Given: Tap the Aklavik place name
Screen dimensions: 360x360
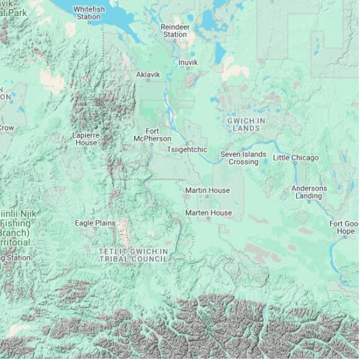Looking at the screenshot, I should pos(148,74).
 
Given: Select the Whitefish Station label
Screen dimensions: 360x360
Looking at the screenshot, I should pos(89,13).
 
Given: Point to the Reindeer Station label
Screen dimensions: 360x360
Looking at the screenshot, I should pos(174,30).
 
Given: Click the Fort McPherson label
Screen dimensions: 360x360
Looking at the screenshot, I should pos(152,135).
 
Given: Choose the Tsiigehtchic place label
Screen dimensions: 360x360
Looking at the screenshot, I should pos(187,150).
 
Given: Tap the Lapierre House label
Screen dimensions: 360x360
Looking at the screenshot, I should pos(84,138).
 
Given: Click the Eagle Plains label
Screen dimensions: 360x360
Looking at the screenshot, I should pos(95,223).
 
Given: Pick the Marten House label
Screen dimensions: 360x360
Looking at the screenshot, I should pos(209,213).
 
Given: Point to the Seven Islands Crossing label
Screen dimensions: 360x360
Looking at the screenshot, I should pos(243,158).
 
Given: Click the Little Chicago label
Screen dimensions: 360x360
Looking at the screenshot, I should pos(295,158).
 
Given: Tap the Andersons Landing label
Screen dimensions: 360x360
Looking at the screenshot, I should pos(309,192).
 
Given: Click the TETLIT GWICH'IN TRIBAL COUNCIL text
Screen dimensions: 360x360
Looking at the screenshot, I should pos(133,254).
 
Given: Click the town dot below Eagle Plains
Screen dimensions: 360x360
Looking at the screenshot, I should pos(95,230).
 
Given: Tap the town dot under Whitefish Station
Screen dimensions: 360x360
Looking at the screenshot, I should pos(89,23).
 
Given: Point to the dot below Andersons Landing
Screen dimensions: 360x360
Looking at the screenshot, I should pos(309,202).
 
